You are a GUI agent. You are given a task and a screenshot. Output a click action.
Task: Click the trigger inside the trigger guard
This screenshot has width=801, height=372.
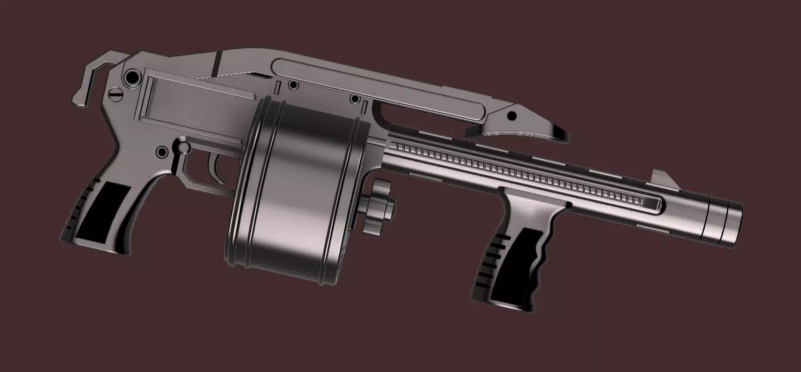216,167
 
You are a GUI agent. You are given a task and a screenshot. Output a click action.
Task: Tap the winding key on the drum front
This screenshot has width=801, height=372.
378,206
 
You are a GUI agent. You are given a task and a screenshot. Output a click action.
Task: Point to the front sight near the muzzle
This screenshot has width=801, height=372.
661,177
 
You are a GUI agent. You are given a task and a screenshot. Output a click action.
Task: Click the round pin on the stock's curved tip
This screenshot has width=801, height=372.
512,115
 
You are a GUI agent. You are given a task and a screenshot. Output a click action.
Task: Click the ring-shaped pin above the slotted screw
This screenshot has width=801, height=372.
130,79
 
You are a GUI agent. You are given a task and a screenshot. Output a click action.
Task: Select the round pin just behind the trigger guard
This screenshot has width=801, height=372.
162,152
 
